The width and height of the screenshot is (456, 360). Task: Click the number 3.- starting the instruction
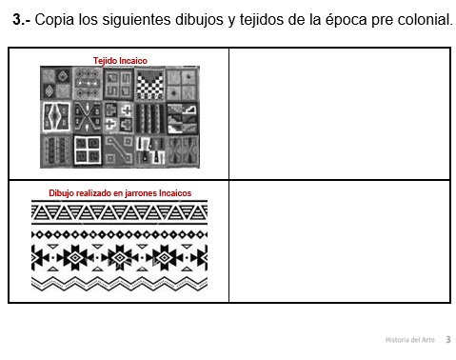point(22,20)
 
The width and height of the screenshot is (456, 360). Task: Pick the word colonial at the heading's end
point(425,20)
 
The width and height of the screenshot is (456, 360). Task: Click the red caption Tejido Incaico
point(120,61)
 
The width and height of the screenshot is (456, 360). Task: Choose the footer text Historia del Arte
point(410,340)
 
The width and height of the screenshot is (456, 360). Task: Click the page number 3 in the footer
point(448,340)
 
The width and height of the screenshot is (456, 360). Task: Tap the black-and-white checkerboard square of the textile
point(150,85)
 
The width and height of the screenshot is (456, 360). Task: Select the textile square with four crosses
point(119,118)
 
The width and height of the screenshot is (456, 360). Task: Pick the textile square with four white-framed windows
point(88,150)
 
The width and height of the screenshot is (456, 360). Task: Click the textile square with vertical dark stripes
point(150,118)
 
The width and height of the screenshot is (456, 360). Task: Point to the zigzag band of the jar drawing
point(119,284)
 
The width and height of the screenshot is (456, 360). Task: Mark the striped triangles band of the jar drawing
point(119,212)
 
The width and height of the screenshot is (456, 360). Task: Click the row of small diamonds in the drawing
point(119,235)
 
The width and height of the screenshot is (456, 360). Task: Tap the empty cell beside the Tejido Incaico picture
point(340,113)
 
